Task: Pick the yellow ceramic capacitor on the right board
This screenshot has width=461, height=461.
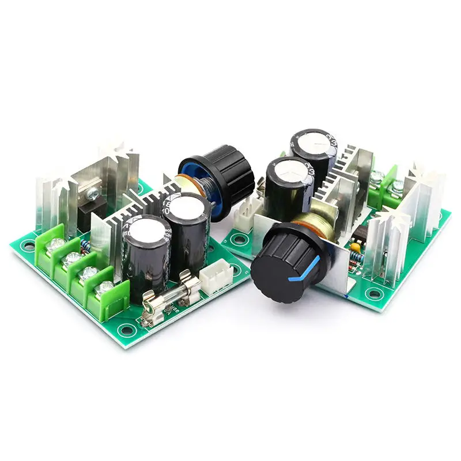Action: [356, 247]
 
